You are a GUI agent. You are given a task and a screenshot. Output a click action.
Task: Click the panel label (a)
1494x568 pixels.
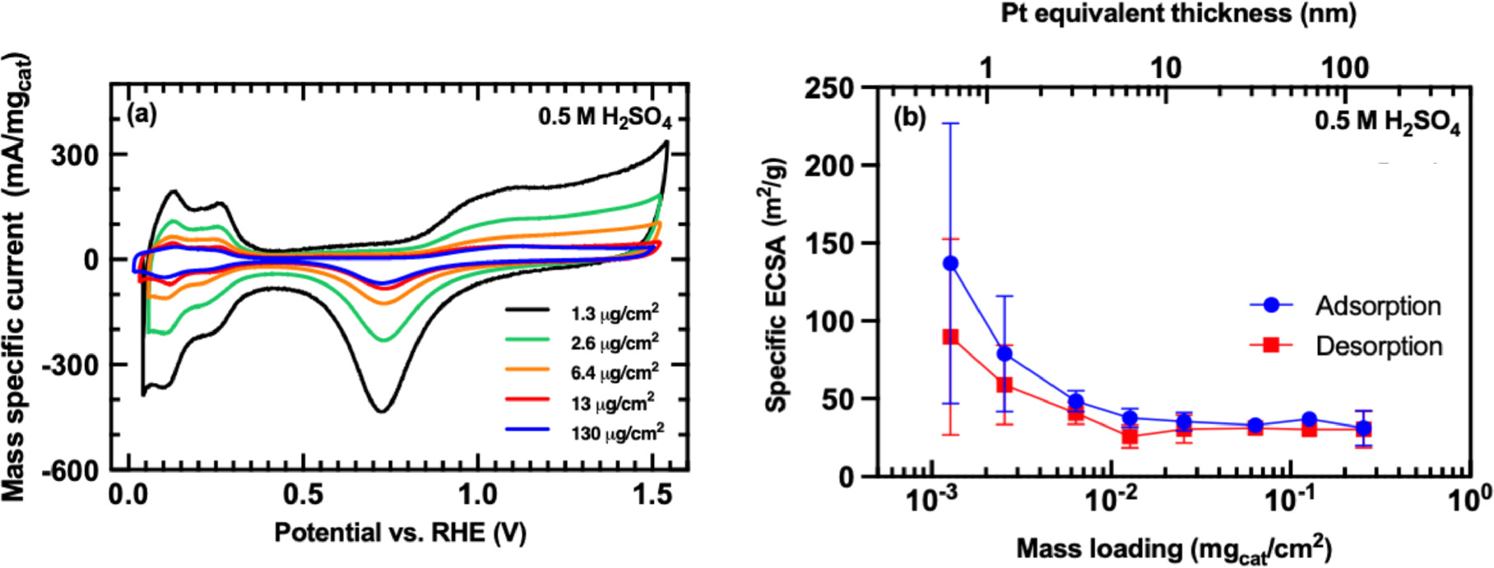tap(142, 114)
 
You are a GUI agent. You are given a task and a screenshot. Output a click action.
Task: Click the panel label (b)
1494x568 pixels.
tap(910, 118)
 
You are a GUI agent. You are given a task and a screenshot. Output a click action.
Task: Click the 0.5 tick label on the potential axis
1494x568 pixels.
tap(304, 496)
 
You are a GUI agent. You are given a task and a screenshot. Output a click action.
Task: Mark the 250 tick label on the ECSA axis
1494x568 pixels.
tap(829, 88)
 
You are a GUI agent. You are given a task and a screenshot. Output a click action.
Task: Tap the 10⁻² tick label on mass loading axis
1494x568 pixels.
tap(1111, 499)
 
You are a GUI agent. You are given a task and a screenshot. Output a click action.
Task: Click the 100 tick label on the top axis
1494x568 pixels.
tap(1345, 67)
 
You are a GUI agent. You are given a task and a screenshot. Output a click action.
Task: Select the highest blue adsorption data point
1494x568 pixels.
tap(950, 263)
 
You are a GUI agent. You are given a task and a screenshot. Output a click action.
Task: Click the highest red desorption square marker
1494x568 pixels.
tap(950, 337)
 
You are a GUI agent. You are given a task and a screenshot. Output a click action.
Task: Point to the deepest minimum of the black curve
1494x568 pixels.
tap(381, 410)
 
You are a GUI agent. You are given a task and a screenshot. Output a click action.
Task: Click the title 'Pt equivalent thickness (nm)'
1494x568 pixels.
tap(1178, 14)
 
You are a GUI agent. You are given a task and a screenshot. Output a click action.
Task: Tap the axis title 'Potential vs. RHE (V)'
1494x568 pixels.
tap(400, 533)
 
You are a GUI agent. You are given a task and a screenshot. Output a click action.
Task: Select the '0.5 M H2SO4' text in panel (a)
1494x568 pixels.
tap(605, 118)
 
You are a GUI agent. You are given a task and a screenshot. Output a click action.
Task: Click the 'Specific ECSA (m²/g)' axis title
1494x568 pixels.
tap(777, 284)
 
